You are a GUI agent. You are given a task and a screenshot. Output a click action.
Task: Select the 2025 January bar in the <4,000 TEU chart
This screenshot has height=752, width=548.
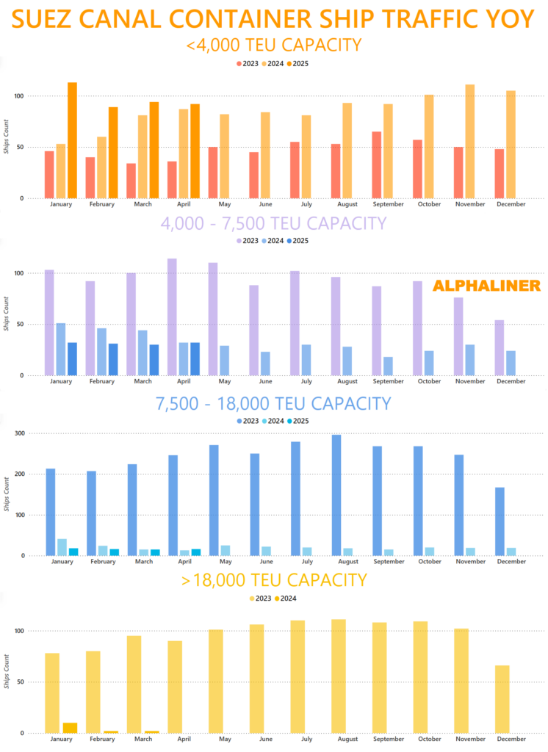[x=72, y=140]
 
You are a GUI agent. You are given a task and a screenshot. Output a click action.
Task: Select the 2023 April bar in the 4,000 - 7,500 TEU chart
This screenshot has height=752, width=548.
[x=172, y=317]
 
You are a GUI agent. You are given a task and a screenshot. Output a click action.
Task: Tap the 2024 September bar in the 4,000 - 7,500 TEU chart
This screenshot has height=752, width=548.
[x=388, y=366]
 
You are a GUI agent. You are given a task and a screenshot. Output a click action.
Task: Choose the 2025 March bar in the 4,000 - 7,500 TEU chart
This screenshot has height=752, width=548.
[x=154, y=360]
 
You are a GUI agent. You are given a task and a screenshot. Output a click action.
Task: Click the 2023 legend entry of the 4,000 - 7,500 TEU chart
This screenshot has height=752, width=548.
[x=249, y=240]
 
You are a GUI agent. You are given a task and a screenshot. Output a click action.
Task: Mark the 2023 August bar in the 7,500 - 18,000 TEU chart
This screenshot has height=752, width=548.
[x=336, y=495]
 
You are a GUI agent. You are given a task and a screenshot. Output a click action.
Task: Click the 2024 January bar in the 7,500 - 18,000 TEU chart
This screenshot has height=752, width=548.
[x=62, y=547]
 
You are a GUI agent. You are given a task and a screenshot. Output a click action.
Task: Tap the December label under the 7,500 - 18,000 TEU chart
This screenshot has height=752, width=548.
[x=511, y=562]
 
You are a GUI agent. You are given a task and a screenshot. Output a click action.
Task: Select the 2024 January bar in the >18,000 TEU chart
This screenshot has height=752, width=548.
[x=70, y=728]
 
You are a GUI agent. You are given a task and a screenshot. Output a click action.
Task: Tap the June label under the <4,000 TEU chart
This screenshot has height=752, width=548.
[x=266, y=204]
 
